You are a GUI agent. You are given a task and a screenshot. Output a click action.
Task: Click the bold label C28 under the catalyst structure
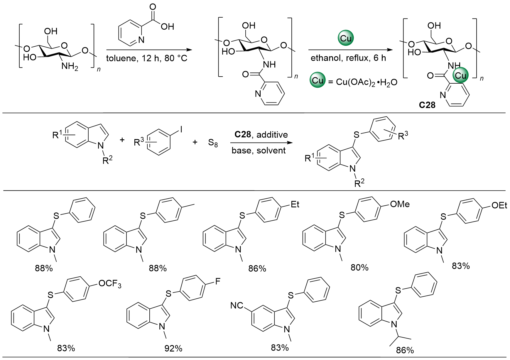pos(427,105)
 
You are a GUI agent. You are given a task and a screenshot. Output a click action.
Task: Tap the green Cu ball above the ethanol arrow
pos(346,38)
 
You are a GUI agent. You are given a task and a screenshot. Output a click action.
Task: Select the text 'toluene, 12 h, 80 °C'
pos(146,58)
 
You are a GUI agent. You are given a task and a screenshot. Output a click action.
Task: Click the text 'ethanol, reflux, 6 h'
pos(348,58)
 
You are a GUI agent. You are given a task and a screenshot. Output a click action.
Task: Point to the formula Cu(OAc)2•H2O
pos(367,82)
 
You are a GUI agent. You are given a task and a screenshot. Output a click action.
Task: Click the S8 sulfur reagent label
pos(213,143)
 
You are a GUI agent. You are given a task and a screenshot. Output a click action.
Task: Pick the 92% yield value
pos(173,349)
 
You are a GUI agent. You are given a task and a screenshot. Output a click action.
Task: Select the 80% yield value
pos(359,268)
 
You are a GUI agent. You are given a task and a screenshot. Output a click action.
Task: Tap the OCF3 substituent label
pos(110,284)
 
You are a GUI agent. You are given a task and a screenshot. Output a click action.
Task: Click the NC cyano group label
pos(237,305)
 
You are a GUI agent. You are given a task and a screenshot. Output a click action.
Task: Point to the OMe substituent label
pos(400,204)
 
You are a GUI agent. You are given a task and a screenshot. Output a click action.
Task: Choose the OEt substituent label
pos(499,205)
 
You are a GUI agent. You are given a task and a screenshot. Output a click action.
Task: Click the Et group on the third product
pos(295,204)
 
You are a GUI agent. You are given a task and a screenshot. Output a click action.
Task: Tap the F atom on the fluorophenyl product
pos(217,282)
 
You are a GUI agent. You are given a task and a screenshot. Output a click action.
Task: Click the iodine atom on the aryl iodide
pos(181,129)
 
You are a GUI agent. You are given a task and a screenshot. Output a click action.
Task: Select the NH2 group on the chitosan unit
pos(70,67)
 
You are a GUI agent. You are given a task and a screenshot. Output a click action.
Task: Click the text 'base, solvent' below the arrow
pos(259,151)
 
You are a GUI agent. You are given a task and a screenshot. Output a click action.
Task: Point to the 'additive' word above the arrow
pos(272,135)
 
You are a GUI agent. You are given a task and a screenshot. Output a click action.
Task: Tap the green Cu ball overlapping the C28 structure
pos(460,76)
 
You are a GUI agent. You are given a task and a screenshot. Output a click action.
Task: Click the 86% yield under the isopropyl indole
pos(405,350)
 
